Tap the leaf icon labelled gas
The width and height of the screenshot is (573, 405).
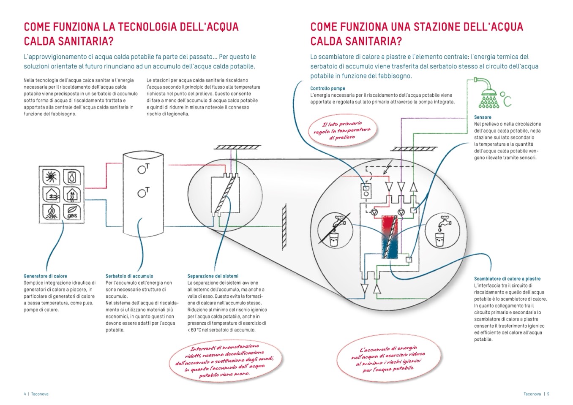pos(72,212)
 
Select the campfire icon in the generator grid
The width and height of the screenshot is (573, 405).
pos(52,212)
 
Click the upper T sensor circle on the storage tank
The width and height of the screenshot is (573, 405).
pos(142,170)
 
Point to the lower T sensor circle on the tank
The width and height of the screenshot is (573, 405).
pos(142,194)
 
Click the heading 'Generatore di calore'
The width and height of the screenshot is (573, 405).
pos(45,276)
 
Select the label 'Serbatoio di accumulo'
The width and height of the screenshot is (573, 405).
pos(129,276)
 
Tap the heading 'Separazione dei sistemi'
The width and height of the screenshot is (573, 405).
pos(213,276)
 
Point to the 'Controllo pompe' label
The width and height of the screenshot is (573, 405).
pos(327,89)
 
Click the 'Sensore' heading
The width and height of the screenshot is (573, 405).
pos(483,117)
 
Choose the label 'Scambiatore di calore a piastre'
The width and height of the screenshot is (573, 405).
pos(507,279)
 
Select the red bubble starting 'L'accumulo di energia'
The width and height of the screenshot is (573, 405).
pos(388,359)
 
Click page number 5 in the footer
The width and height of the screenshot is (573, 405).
pos(548,394)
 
